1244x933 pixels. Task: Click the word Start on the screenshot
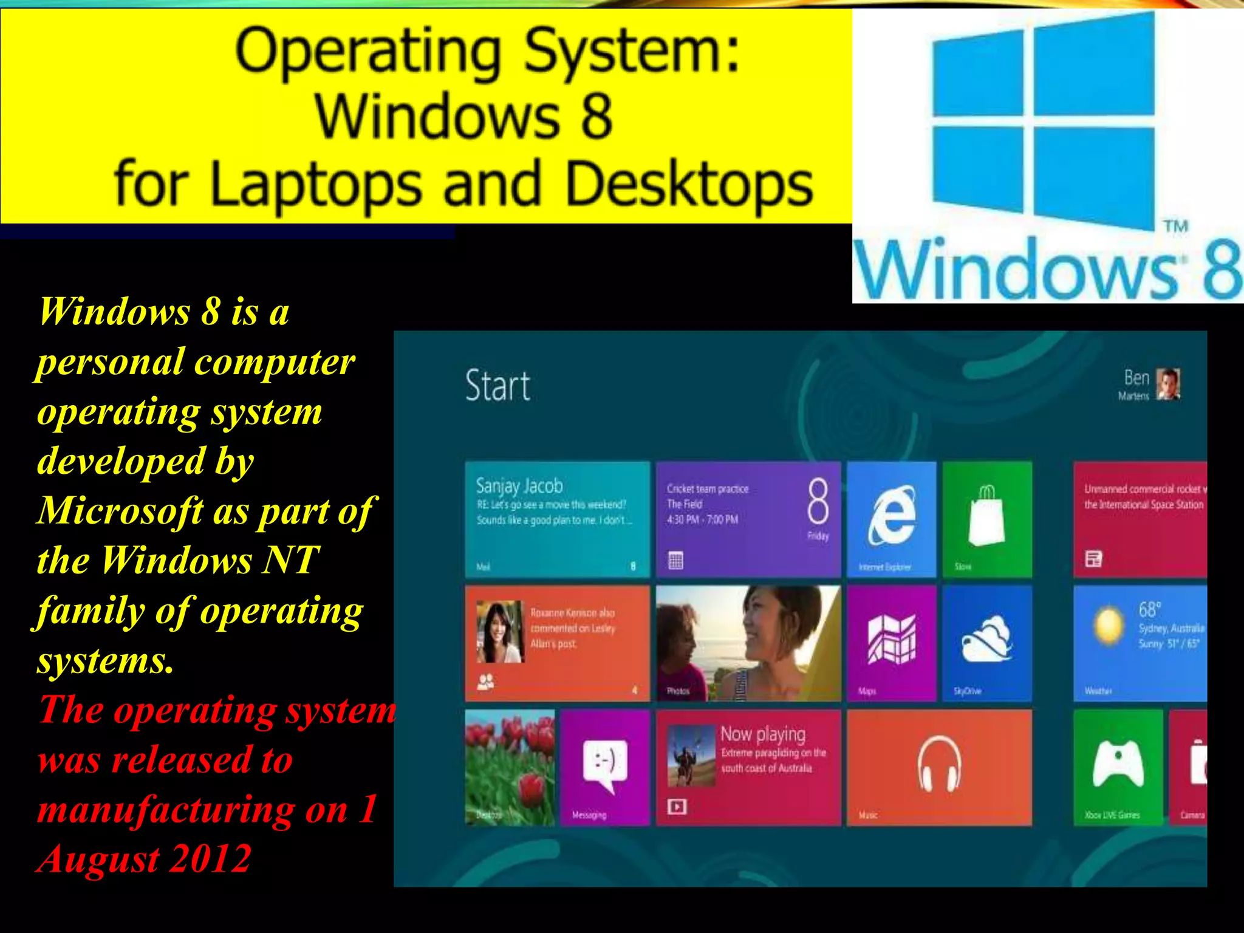point(497,386)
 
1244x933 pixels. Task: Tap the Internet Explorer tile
point(891,519)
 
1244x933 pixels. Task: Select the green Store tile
point(987,519)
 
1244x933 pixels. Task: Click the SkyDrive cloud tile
point(987,643)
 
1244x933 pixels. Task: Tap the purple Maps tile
point(891,643)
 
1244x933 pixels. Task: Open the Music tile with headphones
point(939,767)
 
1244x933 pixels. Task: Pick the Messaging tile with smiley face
point(604,767)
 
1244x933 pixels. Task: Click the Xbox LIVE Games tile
point(1117,767)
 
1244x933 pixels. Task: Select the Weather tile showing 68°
point(1140,643)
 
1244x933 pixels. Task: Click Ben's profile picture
point(1167,384)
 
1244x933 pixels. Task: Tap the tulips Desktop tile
point(510,767)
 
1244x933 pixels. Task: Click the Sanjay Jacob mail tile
point(557,519)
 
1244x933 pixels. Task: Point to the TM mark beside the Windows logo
point(1175,227)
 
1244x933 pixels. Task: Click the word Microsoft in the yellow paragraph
point(120,511)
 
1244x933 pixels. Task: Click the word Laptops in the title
point(316,184)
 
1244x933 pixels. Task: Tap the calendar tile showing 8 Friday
point(748,519)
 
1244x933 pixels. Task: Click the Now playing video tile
point(748,767)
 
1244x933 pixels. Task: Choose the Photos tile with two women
point(748,643)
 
